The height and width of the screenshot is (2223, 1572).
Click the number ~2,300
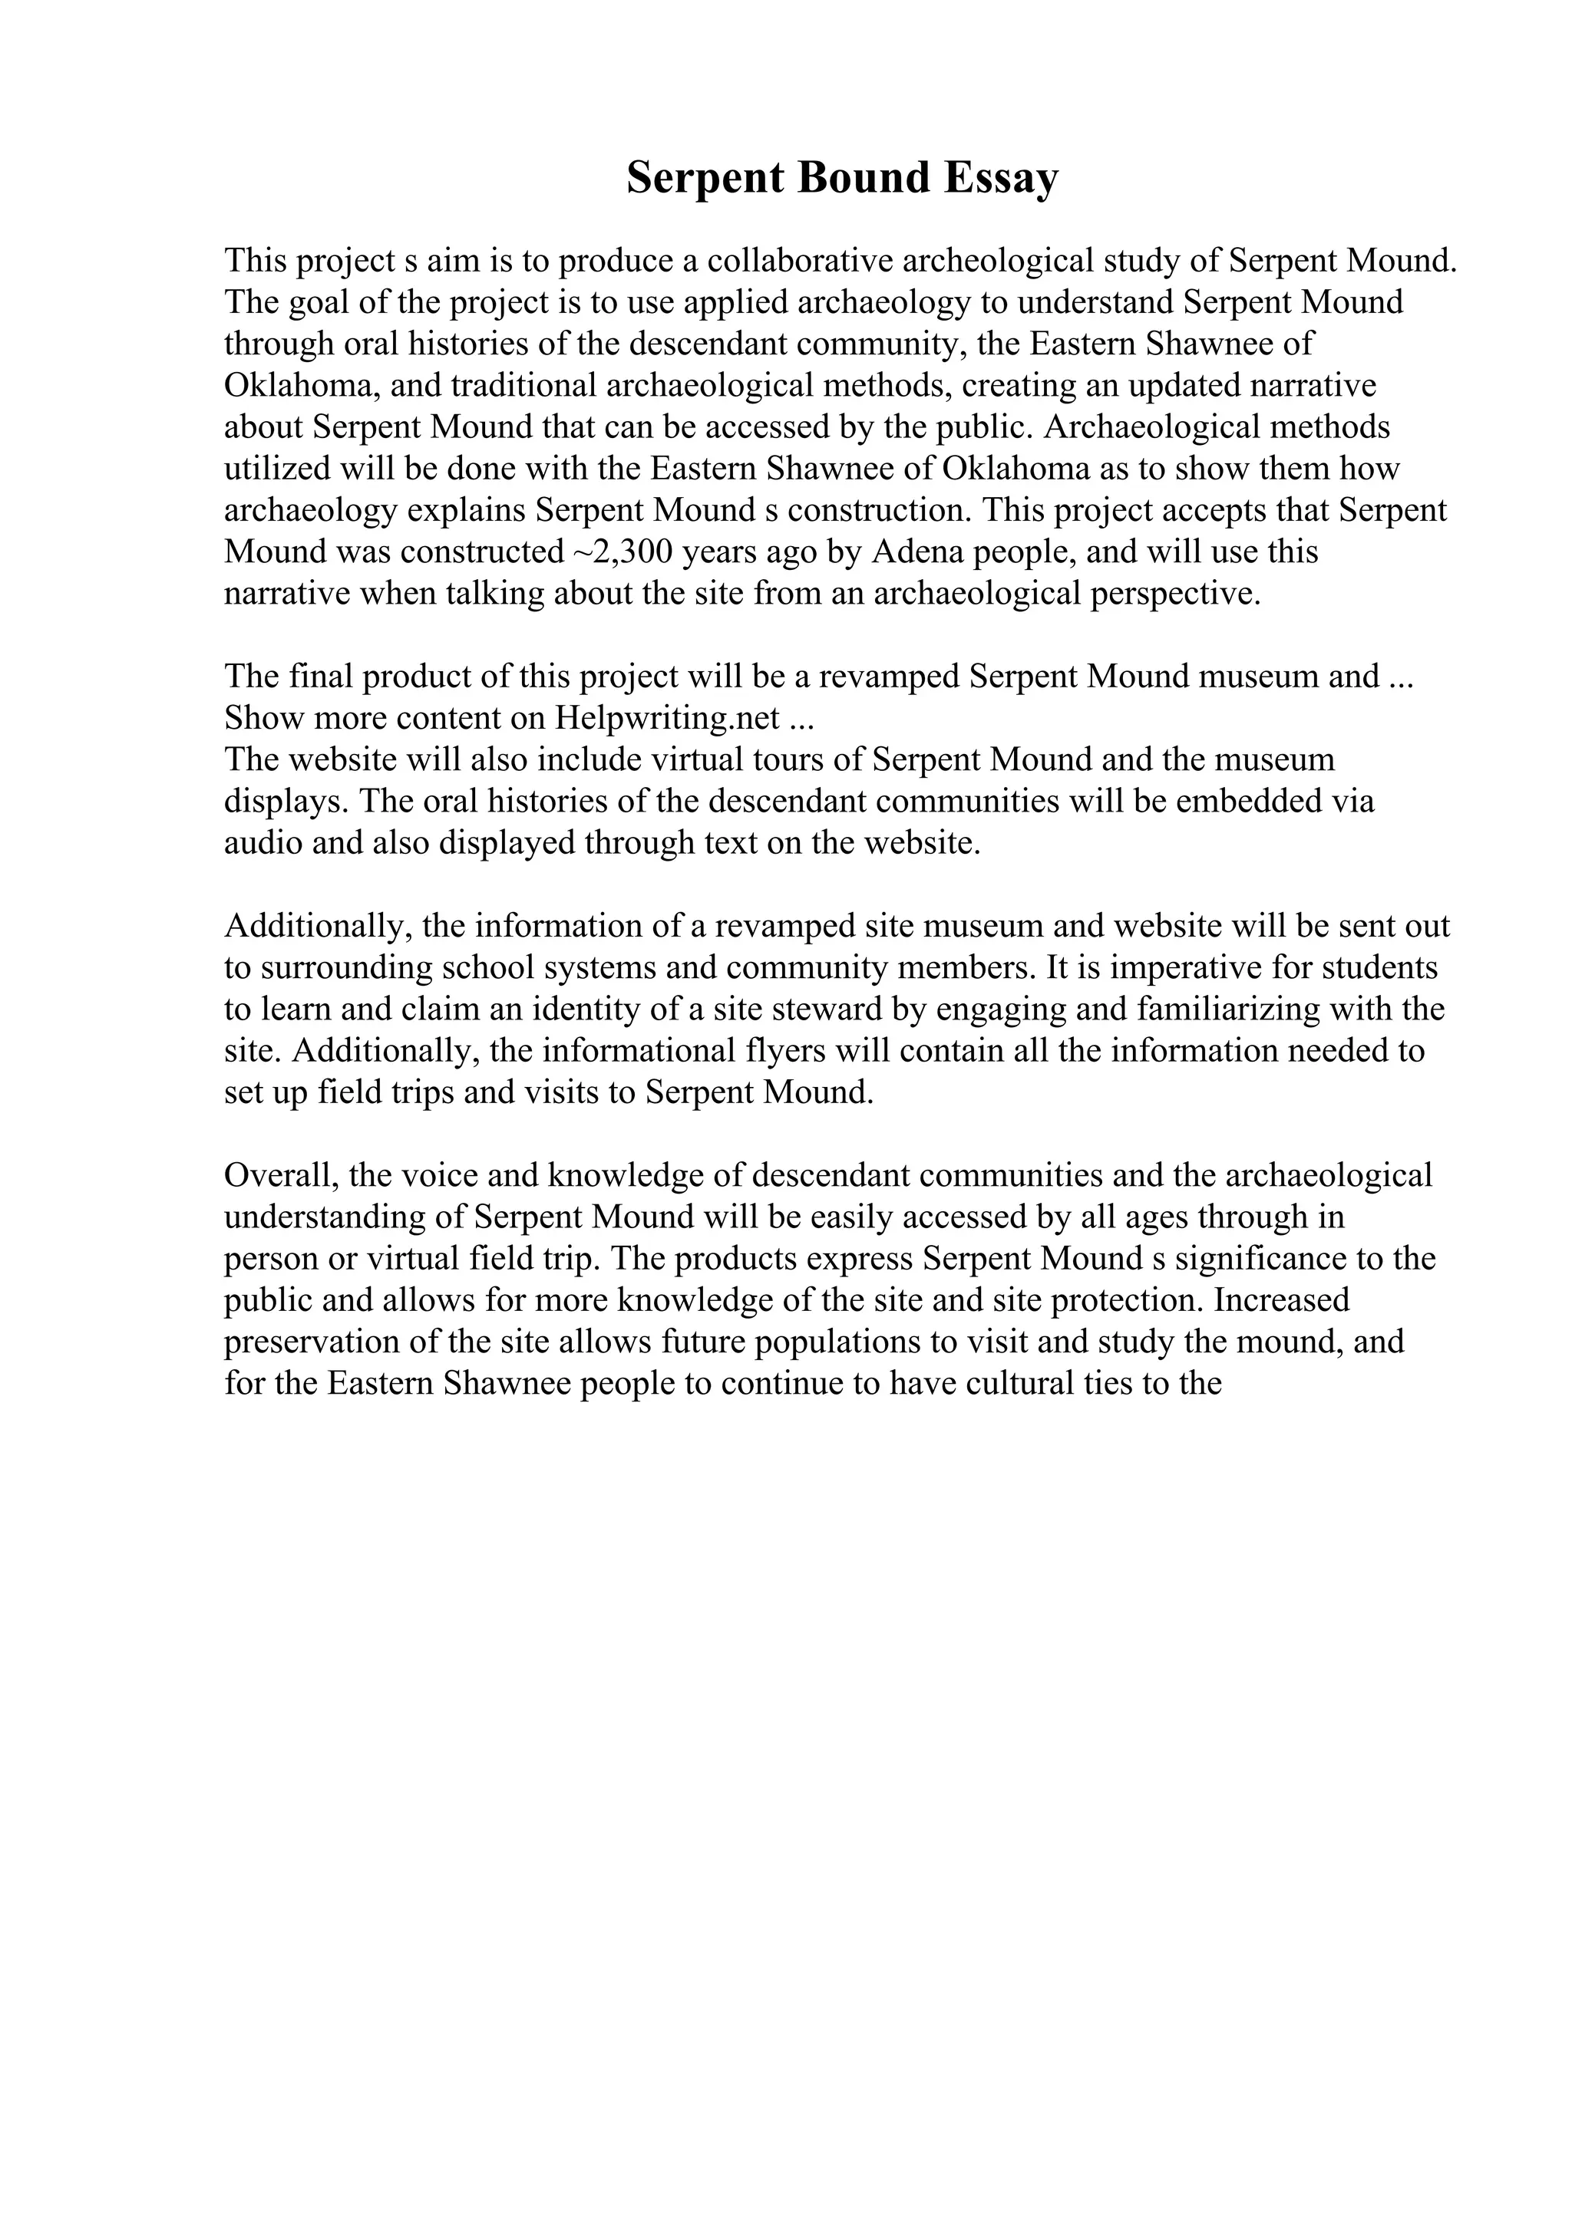point(618,552)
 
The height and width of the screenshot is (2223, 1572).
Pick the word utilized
point(277,469)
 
